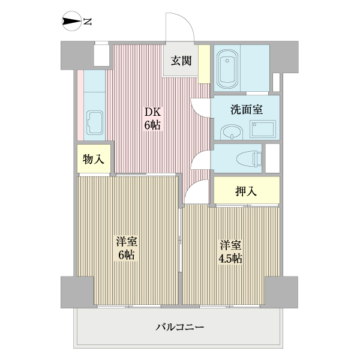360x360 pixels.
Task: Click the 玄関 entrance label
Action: click(x=181, y=61)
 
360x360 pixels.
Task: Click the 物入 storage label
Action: click(x=94, y=159)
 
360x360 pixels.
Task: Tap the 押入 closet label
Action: click(x=247, y=191)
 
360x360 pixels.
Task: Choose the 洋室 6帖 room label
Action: click(x=127, y=248)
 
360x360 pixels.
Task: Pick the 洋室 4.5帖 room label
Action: click(x=230, y=251)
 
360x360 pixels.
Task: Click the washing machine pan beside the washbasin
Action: click(x=262, y=128)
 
